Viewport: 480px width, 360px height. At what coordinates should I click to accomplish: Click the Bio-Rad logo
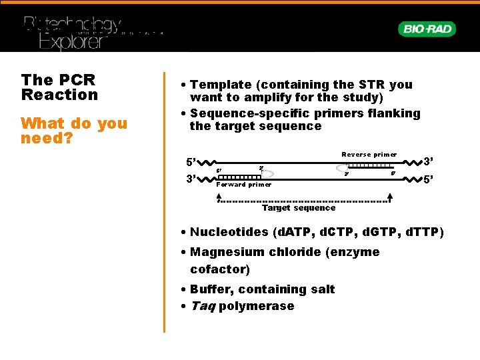[x=427, y=29]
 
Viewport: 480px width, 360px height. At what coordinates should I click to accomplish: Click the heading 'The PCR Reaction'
[x=59, y=87]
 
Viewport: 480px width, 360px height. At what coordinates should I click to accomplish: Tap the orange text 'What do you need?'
[x=73, y=131]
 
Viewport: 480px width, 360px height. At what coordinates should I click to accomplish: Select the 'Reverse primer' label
[x=369, y=155]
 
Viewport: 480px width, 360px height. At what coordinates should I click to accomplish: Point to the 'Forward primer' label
[x=243, y=185]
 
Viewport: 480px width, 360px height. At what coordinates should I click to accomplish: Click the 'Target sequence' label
[x=298, y=208]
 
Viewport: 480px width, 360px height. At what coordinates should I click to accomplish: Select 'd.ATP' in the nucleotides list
[x=295, y=233]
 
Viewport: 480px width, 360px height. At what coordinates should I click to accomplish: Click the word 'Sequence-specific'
[x=247, y=113]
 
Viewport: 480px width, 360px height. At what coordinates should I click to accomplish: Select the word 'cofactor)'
[x=220, y=269]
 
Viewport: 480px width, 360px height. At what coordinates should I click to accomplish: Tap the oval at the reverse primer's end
[x=343, y=168]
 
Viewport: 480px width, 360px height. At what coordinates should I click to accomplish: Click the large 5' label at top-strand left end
[x=191, y=162]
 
